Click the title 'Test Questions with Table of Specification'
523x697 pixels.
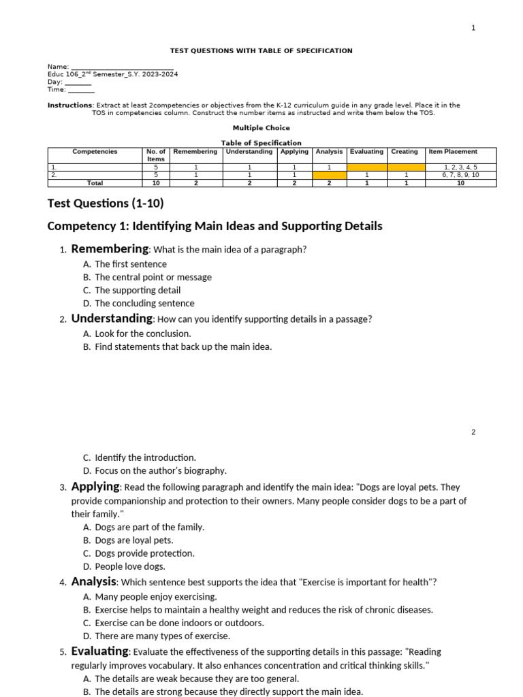(x=261, y=51)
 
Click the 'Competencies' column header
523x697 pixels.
(x=95, y=152)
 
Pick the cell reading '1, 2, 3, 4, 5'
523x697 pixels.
(x=460, y=167)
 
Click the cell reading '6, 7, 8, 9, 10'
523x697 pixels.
(x=460, y=175)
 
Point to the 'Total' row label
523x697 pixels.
(x=95, y=183)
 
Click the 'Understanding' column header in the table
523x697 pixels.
(x=249, y=152)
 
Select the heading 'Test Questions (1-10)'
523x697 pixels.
(x=106, y=203)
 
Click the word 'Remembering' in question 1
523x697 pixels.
(x=110, y=249)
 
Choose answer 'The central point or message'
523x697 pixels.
(x=153, y=277)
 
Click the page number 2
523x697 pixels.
(x=473, y=432)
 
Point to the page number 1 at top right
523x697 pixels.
(x=473, y=28)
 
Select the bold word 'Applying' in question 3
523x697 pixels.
(x=95, y=487)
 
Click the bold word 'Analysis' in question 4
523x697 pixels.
(x=94, y=582)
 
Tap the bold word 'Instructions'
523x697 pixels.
(x=69, y=106)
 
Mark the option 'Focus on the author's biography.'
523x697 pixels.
(x=161, y=470)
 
